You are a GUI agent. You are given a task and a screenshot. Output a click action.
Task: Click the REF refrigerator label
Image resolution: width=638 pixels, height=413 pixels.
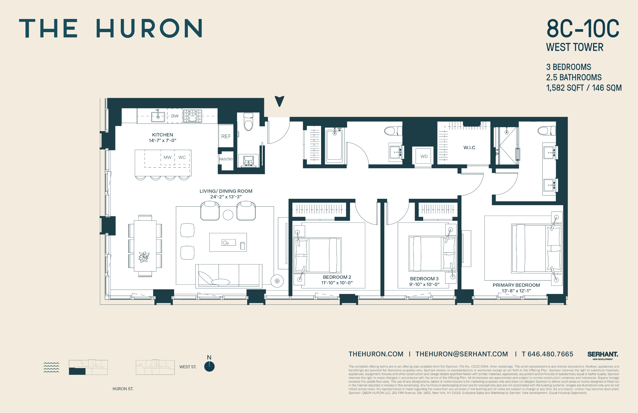click(x=226, y=136)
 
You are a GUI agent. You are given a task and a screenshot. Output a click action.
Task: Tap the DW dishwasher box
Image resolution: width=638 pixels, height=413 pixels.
click(x=175, y=116)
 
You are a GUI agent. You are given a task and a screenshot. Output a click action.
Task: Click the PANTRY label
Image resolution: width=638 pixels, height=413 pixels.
click(x=226, y=159)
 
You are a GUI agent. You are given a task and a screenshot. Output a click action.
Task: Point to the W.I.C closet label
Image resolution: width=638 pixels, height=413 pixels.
click(x=469, y=147)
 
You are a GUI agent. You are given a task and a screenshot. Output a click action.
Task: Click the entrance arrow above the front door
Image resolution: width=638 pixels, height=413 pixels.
click(x=279, y=101)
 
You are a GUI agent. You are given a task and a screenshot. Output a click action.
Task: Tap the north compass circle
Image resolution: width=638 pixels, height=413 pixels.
click(x=209, y=366)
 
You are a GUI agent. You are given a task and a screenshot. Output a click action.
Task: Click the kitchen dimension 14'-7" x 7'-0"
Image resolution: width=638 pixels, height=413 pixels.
click(x=162, y=141)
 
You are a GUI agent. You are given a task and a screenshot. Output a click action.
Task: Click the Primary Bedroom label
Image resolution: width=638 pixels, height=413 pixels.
click(x=516, y=285)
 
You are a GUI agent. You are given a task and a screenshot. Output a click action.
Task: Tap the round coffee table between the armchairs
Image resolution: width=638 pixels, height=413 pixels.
click(x=228, y=215)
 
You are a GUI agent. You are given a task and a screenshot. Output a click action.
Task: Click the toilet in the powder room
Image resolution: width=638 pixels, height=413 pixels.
click(x=248, y=122)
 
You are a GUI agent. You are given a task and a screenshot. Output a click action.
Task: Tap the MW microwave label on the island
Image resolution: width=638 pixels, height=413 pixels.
click(x=167, y=157)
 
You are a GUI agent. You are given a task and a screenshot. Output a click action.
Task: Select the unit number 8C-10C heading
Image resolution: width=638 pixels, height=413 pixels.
click(x=583, y=29)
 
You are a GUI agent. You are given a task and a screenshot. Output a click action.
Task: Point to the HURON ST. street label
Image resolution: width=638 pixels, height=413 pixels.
click(x=123, y=389)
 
